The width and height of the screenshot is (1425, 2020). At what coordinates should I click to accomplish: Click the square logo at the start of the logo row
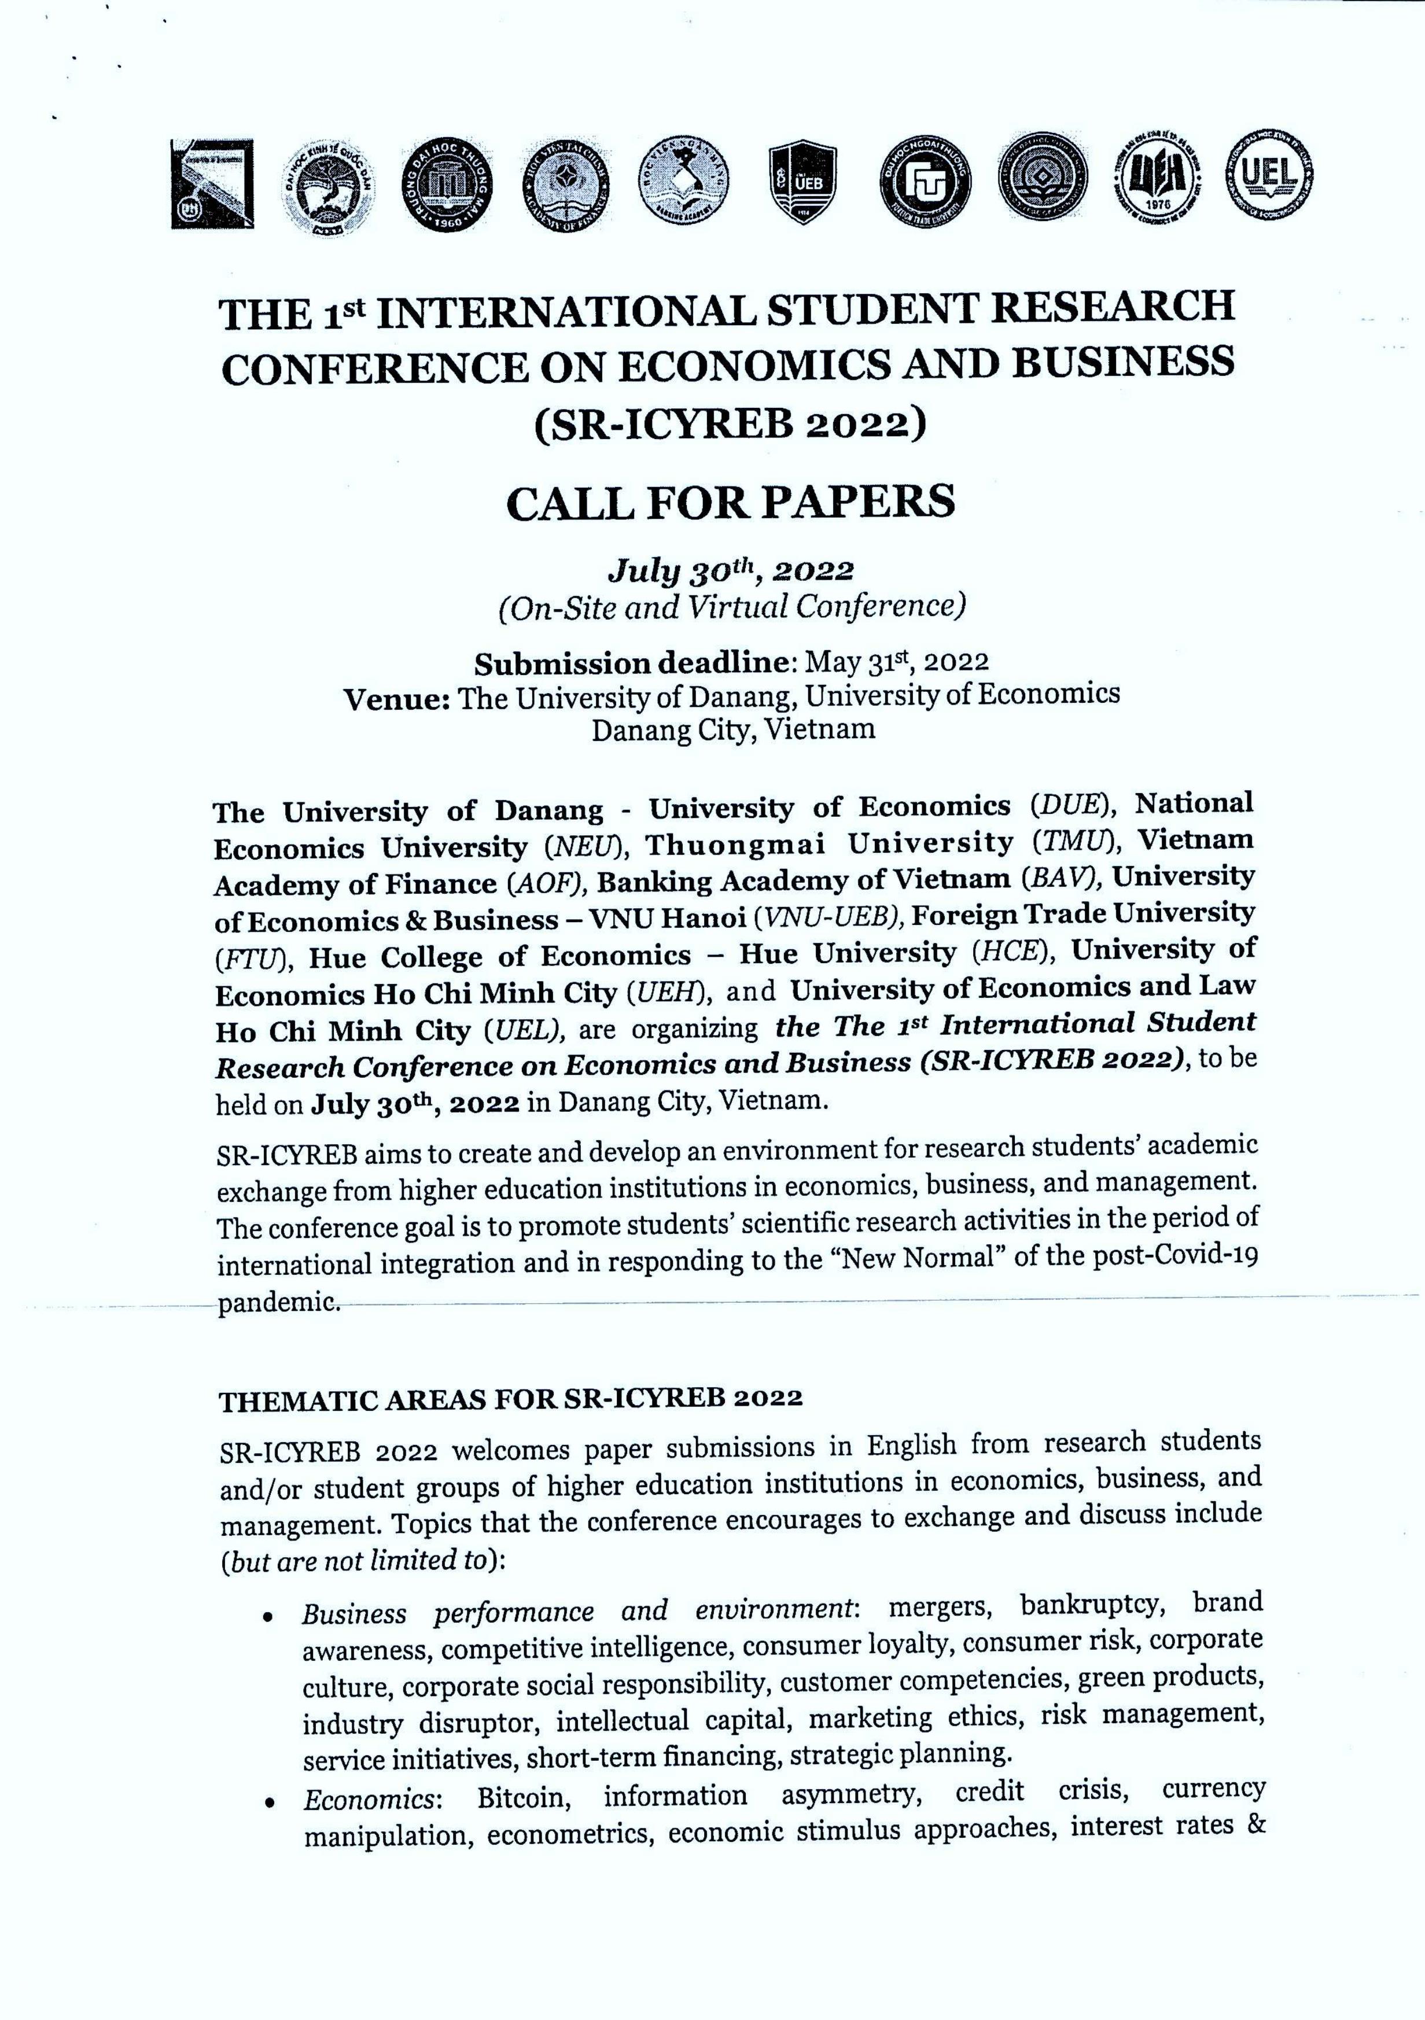pos(212,185)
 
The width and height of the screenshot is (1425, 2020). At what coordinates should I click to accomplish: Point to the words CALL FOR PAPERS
pos(731,502)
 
